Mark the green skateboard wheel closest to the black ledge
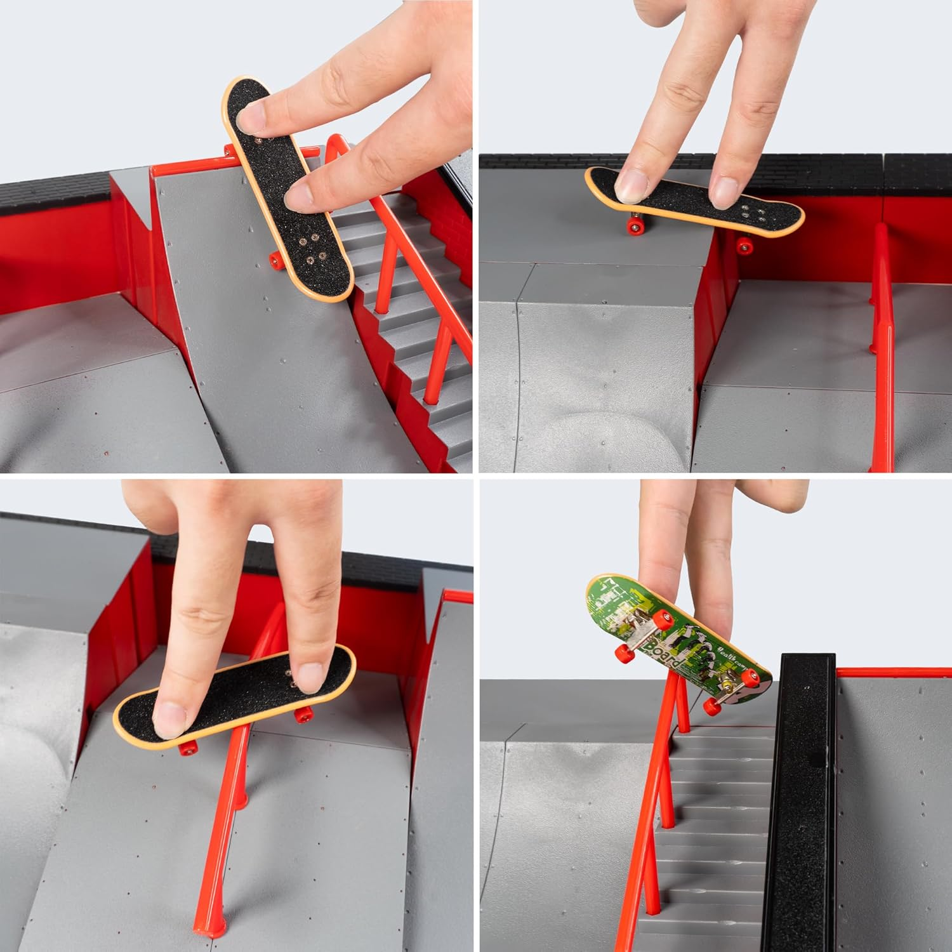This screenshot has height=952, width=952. [752, 680]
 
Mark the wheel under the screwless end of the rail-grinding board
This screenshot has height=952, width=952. [187, 750]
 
